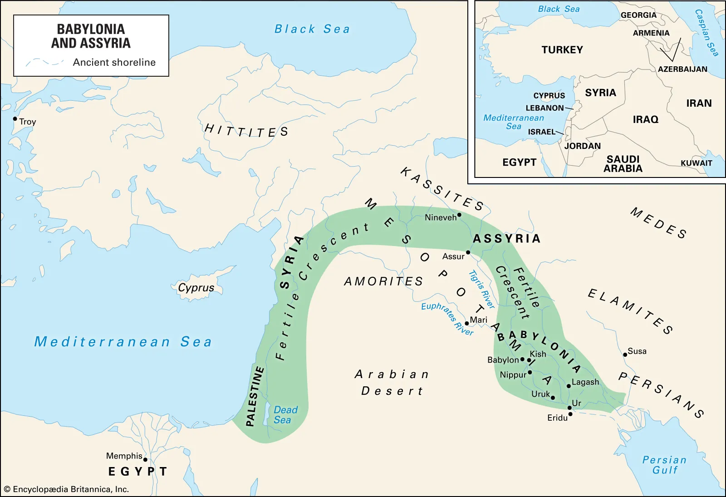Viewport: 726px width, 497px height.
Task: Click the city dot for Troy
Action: click(x=15, y=119)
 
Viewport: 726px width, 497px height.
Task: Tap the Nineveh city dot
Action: click(x=459, y=215)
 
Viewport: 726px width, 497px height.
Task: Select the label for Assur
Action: click(x=453, y=256)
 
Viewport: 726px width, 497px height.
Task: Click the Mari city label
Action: click(x=478, y=320)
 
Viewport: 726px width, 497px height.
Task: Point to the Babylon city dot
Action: click(x=522, y=359)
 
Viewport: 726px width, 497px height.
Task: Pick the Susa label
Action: click(x=637, y=351)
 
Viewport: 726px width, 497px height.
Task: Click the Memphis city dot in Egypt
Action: click(x=145, y=459)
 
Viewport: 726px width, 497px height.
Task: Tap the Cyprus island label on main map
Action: click(x=196, y=288)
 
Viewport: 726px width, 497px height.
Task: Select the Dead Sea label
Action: click(x=285, y=415)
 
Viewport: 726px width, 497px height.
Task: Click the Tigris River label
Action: click(x=481, y=289)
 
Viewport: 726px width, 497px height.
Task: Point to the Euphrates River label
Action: click(x=447, y=318)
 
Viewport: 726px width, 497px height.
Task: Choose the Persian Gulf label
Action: click(x=664, y=465)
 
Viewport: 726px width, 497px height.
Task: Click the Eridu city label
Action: click(x=557, y=418)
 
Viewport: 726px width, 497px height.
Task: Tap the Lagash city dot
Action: click(x=569, y=386)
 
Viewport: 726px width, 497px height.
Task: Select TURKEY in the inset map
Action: click(x=562, y=50)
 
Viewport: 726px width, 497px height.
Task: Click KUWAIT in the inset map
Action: click(x=696, y=163)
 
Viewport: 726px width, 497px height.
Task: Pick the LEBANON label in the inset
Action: click(x=544, y=108)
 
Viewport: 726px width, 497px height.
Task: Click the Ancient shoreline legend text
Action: click(x=114, y=62)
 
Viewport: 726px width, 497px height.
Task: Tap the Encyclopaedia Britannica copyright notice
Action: click(x=67, y=489)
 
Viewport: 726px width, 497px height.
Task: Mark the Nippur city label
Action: click(x=513, y=375)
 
